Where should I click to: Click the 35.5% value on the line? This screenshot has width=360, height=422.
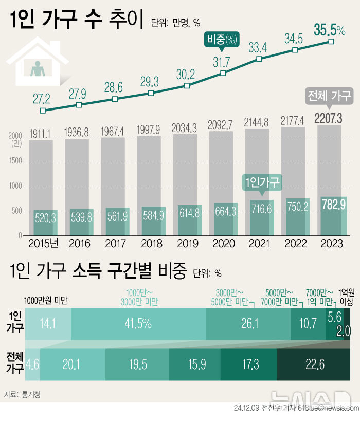[x=329, y=30]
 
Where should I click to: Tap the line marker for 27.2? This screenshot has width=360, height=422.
[x=43, y=110]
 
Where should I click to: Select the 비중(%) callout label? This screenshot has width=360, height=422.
[x=223, y=40]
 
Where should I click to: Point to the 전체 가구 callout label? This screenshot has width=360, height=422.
[x=328, y=96]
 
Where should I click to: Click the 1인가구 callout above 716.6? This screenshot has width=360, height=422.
[x=262, y=182]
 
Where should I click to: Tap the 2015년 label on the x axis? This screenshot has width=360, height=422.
[x=43, y=243]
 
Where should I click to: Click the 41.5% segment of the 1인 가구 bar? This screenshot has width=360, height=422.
[x=138, y=324]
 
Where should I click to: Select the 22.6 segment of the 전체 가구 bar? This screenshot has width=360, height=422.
[x=314, y=365]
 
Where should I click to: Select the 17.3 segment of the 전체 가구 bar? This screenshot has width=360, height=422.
[x=249, y=365]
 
